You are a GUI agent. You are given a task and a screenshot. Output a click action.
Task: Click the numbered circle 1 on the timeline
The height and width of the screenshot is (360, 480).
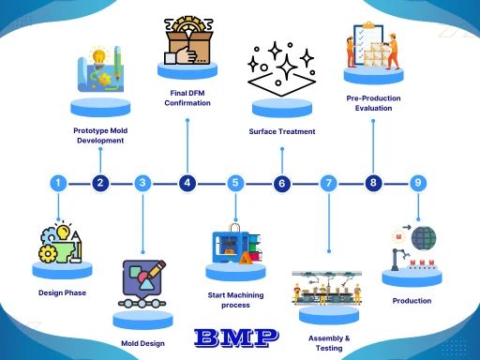(59, 183)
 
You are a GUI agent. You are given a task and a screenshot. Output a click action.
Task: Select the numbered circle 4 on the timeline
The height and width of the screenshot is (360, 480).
(187, 183)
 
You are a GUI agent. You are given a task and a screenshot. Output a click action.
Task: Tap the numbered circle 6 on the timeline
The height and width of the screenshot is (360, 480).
(281, 184)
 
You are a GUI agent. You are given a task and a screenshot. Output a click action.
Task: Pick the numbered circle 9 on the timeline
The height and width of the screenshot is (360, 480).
(418, 183)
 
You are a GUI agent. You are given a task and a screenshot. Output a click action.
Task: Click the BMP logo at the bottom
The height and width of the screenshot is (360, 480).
(236, 336)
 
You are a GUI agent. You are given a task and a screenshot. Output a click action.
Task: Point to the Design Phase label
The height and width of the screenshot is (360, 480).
(63, 292)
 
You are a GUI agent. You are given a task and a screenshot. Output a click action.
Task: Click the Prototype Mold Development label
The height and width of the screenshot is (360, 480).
(98, 135)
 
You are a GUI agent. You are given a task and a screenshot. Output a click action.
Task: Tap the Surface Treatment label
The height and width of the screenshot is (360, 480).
(282, 131)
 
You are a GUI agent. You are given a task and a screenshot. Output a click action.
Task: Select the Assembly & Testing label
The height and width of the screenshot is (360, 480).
(329, 342)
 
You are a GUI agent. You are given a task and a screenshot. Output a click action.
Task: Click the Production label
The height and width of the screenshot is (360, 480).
(412, 301)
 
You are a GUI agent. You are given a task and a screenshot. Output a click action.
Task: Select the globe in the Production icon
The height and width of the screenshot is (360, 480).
(424, 239)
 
